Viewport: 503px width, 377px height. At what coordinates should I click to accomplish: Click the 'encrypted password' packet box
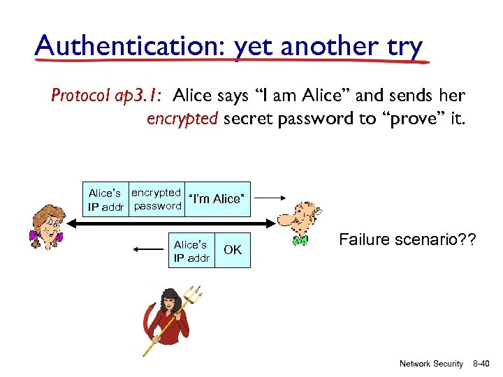156,199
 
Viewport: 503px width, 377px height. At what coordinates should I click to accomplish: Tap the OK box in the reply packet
233,250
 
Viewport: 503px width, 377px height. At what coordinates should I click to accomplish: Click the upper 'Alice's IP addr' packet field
106,199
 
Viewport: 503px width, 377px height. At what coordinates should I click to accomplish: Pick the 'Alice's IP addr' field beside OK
191,251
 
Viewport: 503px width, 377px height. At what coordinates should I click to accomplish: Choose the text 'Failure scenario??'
407,240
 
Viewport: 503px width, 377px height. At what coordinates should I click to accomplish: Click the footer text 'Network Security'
430,363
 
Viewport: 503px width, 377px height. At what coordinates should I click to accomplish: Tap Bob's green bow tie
300,241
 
